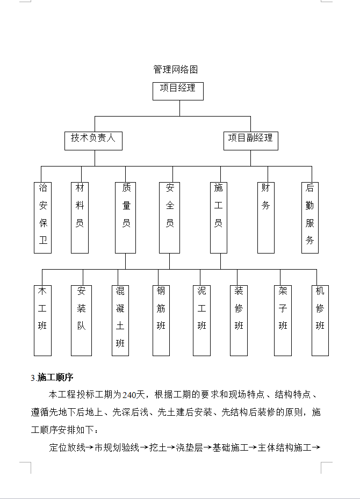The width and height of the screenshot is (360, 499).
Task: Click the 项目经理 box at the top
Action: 178,90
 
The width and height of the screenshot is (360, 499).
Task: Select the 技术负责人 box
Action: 93,139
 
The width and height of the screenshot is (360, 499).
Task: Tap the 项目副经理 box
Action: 250,139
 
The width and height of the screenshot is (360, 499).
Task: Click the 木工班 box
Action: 42,320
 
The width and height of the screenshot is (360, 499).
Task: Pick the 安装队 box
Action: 81,320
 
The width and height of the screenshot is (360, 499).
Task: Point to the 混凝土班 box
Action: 120,320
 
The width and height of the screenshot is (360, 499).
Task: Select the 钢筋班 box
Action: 161,320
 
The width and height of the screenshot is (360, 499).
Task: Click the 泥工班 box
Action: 201,320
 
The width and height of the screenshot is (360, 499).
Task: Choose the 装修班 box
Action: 239,320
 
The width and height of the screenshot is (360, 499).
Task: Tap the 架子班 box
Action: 283,320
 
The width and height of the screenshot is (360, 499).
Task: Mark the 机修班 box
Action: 320,320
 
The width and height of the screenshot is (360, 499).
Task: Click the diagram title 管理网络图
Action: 176,70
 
